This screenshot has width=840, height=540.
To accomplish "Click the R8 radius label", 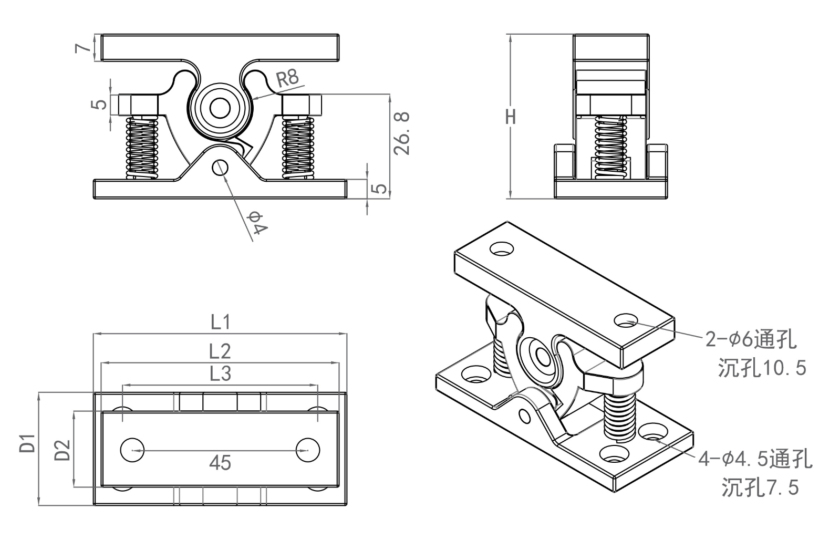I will tap(287, 79).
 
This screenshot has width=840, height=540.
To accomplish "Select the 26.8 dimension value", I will tap(402, 133).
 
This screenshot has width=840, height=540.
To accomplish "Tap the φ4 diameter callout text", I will tap(259, 222).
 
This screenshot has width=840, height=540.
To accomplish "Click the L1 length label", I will tap(220, 322).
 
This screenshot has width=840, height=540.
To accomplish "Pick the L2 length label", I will tap(220, 350).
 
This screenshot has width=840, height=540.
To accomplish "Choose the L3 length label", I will tap(220, 374).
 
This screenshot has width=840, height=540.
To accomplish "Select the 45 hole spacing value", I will tap(220, 463).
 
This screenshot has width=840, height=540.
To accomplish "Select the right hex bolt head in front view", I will tap(302, 105).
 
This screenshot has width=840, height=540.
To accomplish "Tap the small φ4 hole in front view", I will tap(220, 168).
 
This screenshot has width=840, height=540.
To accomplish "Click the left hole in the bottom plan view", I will tap(132, 450).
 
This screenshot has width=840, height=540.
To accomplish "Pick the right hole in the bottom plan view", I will tap(308, 450).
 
